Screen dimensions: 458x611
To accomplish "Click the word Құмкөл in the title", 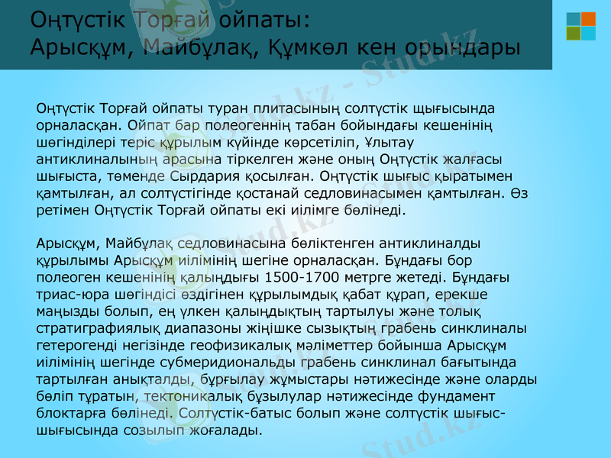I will [311, 47].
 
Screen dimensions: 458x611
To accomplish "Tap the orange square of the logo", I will [588, 19].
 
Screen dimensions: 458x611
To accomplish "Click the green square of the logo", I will [573, 34].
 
